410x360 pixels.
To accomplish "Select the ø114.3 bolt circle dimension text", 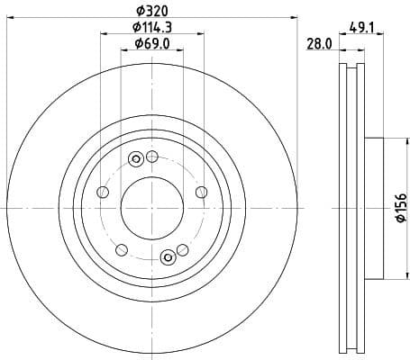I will click(151, 29).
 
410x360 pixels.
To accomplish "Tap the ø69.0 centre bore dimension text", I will click(151, 44).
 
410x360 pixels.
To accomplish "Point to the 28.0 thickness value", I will click(319, 44).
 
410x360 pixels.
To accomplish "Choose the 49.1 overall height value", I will click(361, 29).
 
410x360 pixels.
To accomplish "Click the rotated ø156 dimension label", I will click(400, 208).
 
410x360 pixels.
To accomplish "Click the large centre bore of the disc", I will click(151, 207).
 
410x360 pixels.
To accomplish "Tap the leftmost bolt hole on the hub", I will click(103, 193).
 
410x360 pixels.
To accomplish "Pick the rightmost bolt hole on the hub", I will click(200, 192).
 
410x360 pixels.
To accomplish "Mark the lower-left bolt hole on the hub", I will click(122, 249).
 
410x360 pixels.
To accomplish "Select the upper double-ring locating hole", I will click(137, 160).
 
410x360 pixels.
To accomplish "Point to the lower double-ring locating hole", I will click(167, 258).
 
